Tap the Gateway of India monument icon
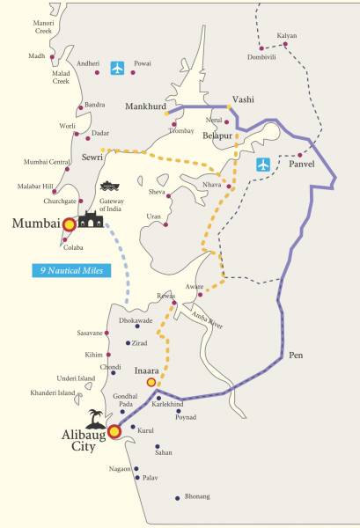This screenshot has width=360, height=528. tap(91, 219)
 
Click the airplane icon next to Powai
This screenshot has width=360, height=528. tap(119, 68)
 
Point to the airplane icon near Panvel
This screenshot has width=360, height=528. tap(263, 165)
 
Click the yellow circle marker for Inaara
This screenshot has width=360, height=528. tap(151, 383)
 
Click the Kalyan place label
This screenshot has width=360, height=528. tap(287, 36)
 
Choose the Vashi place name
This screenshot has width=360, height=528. tap(242, 99)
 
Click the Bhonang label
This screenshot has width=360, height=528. tap(197, 497)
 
